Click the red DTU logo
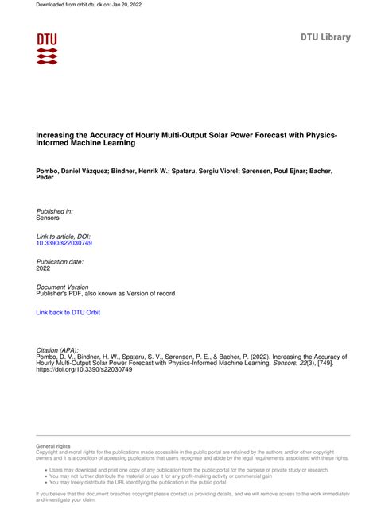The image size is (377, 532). [x=47, y=48]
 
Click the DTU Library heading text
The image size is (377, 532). [x=325, y=37]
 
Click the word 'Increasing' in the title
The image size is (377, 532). [x=56, y=137]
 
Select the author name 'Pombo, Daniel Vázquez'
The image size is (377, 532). [x=74, y=171]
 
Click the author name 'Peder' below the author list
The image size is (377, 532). [x=46, y=178]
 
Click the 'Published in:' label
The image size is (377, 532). [x=55, y=210]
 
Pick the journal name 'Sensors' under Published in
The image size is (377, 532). [x=49, y=218]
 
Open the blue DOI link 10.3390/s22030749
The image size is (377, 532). [x=64, y=243]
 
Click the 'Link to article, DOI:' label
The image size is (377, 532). [x=64, y=236]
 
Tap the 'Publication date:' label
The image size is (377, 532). [x=60, y=261]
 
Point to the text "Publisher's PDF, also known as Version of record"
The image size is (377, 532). [x=106, y=294]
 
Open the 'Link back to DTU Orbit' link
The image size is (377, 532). [x=68, y=313]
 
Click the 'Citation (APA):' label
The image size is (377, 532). [x=57, y=350]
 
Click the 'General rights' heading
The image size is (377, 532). [x=53, y=447]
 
